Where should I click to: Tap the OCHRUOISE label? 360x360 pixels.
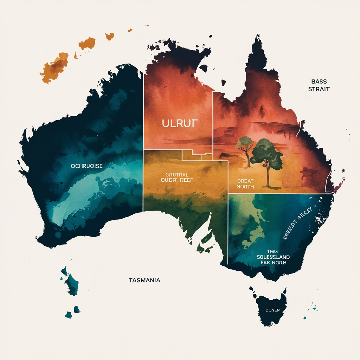[86, 166]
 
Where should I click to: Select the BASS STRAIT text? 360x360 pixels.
[319, 85]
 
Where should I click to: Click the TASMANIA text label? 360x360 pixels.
[144, 280]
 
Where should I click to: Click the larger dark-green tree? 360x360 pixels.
[268, 153]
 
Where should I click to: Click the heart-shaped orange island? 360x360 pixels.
[110, 36]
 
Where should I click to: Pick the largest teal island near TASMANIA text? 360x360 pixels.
[72, 283]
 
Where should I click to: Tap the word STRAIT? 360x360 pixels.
[319, 89]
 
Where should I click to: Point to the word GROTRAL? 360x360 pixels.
[177, 174]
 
